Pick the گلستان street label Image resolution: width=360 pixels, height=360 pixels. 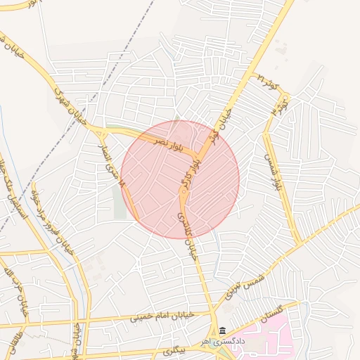274,314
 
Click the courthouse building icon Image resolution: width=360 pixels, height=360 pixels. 222,330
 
